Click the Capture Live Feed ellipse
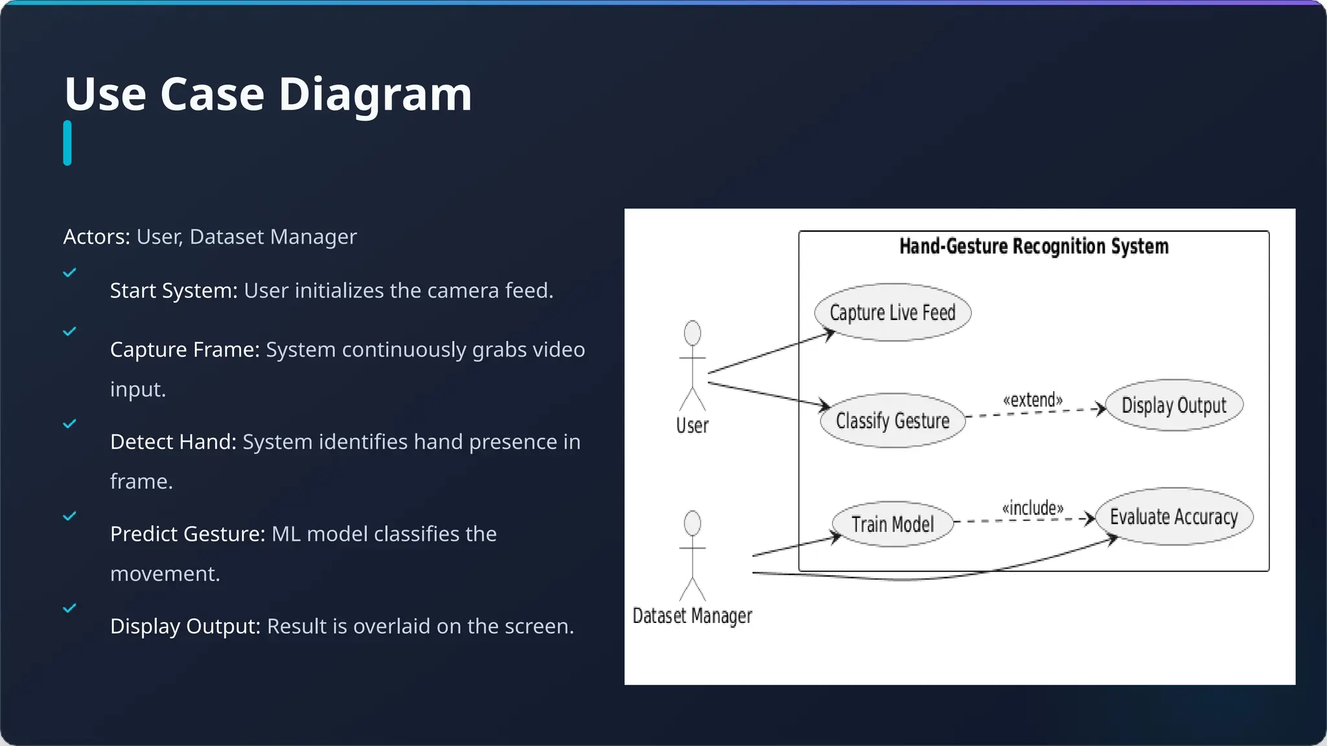(x=892, y=312)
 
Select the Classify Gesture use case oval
(x=892, y=420)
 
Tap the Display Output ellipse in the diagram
(x=1173, y=405)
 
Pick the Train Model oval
(x=892, y=524)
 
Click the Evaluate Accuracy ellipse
(x=1173, y=517)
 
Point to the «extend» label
(x=1032, y=400)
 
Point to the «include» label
(x=1032, y=508)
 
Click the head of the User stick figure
(x=692, y=333)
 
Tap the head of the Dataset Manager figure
(x=692, y=523)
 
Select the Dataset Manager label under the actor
(x=692, y=615)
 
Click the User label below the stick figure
(x=692, y=425)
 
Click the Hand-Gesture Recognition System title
(x=1033, y=246)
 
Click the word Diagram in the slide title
(x=375, y=94)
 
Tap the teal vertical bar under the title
(x=67, y=143)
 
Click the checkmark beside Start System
(x=69, y=273)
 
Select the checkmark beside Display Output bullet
(x=69, y=608)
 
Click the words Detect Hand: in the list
(x=173, y=442)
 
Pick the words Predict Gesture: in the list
(x=187, y=534)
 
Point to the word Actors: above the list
(x=97, y=237)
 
